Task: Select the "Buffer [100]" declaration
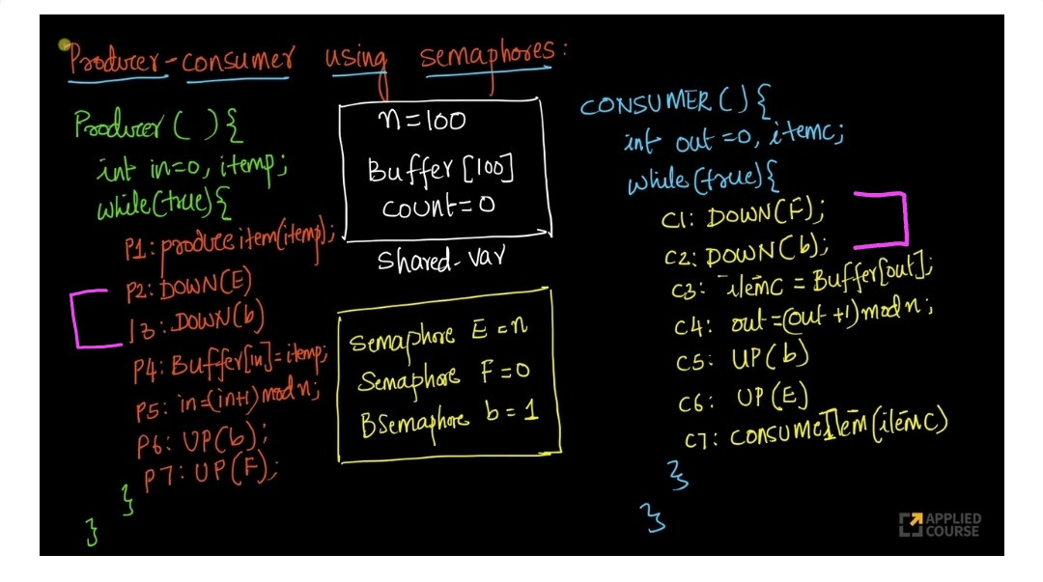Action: point(440,171)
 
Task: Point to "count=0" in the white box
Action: point(437,206)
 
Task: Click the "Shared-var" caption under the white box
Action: point(440,261)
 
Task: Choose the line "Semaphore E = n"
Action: point(438,338)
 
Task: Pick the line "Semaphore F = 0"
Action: point(443,376)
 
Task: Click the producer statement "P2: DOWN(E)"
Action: point(189,288)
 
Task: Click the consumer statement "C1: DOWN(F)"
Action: point(744,214)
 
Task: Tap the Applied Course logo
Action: point(939,524)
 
